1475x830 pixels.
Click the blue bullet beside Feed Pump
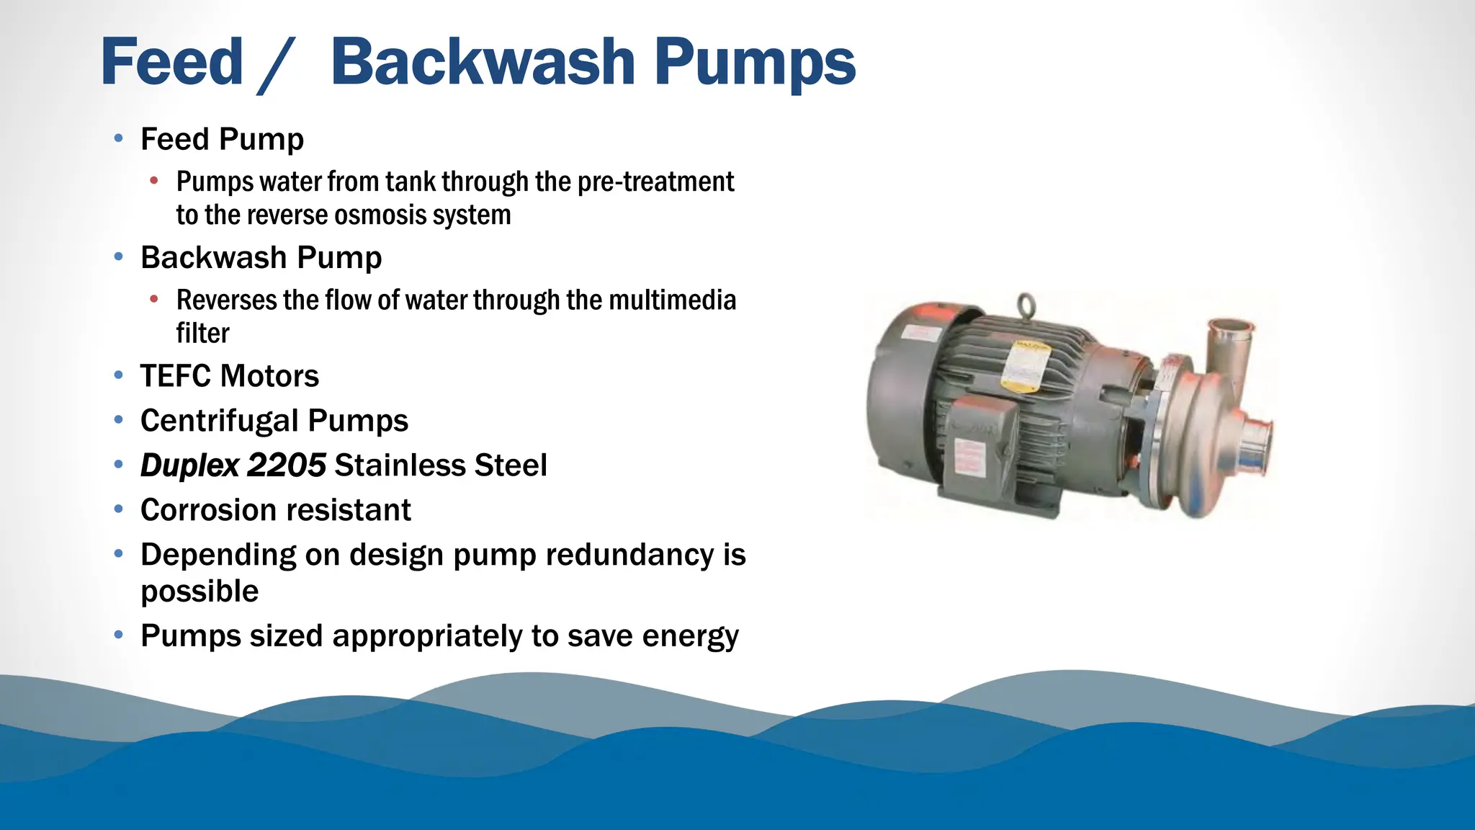click(x=119, y=138)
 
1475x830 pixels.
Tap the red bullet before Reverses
click(x=154, y=299)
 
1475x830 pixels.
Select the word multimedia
click(x=673, y=300)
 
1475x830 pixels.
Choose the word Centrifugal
click(x=219, y=421)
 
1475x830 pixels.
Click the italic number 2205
click(x=287, y=465)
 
